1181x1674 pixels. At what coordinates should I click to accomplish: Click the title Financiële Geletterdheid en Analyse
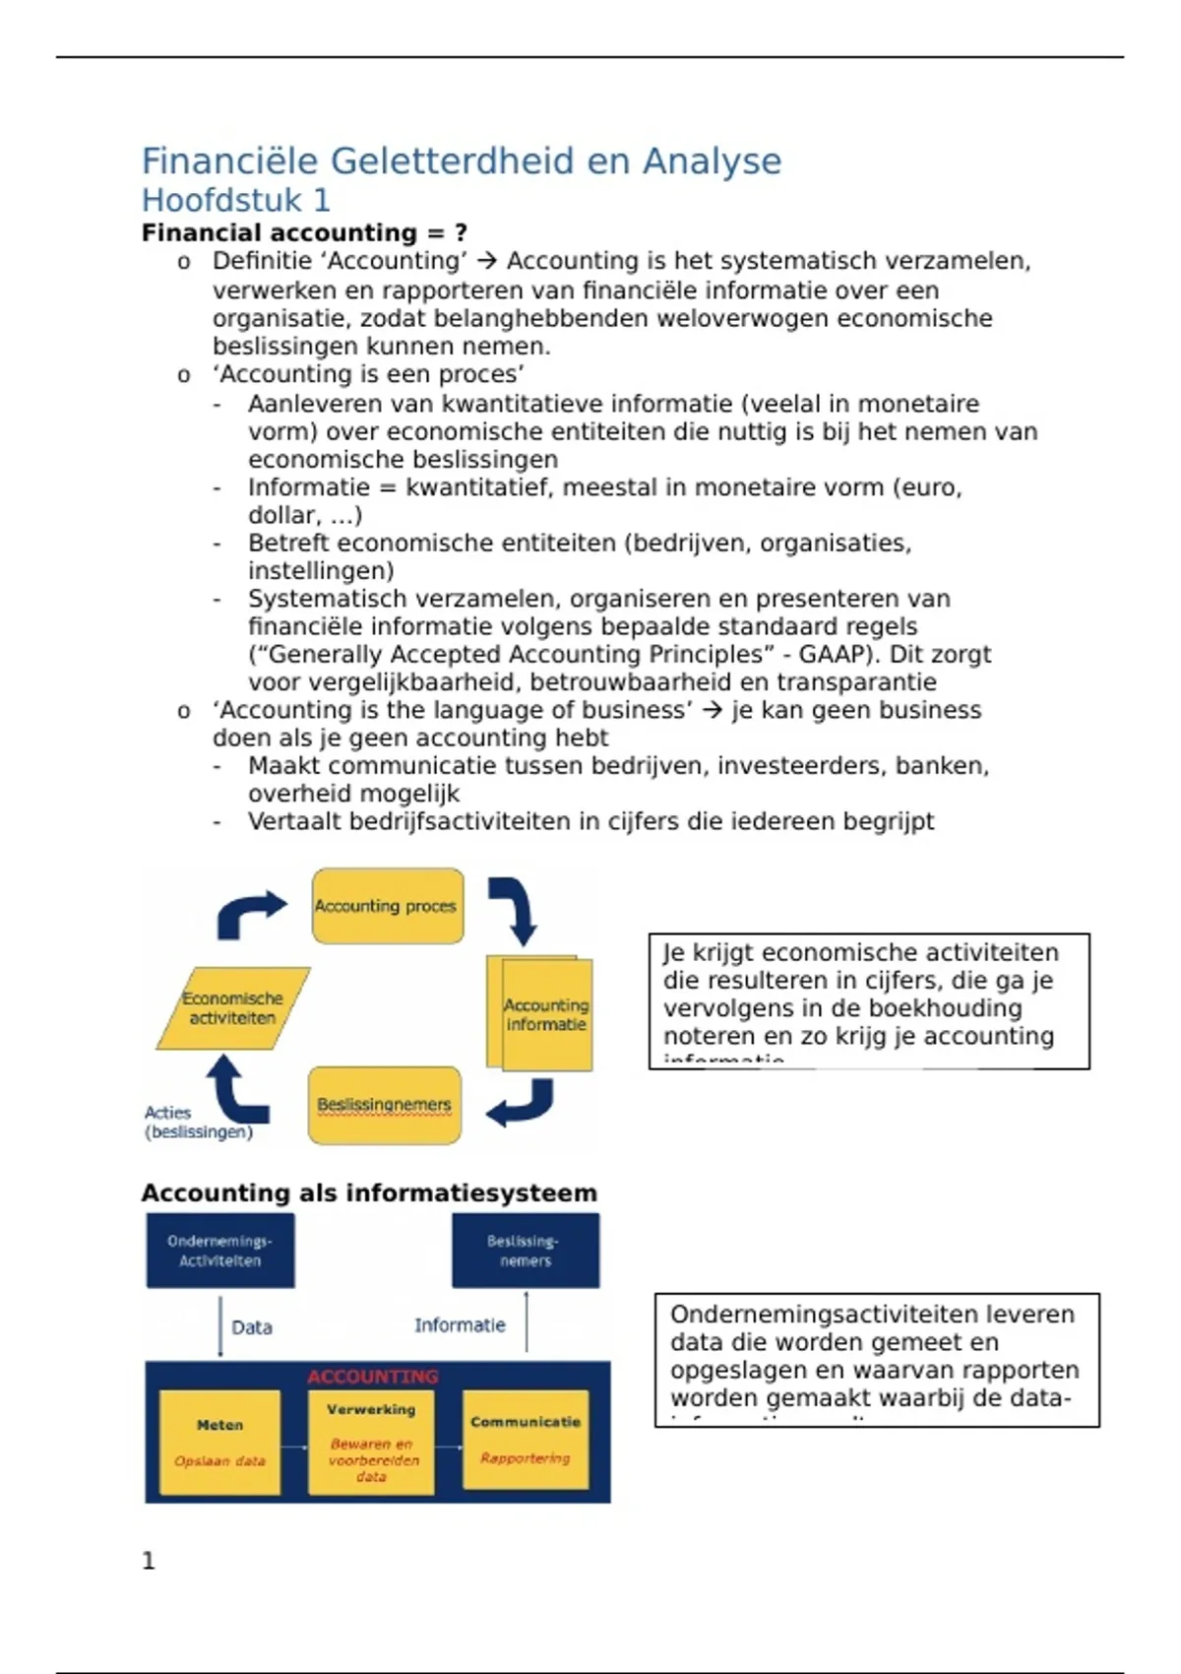461,161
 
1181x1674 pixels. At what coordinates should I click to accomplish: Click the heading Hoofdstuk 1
235,201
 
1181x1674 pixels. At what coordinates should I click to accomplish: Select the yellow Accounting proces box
387,906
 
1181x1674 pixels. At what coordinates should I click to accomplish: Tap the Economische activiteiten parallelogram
233,1008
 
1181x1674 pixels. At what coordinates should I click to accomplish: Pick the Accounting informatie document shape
543,1014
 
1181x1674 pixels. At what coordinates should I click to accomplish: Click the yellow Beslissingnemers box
384,1106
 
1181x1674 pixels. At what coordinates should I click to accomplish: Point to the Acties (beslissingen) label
198,1123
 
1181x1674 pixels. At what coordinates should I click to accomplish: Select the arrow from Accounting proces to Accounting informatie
516,908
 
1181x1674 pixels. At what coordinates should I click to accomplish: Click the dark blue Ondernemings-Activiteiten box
220,1251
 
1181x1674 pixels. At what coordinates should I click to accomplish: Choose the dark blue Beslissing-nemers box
526,1251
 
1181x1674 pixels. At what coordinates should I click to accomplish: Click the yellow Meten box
219,1442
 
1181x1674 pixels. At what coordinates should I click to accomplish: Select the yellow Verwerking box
371,1442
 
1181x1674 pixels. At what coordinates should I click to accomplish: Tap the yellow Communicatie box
526,1440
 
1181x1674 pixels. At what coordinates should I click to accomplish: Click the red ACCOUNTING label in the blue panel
372,1377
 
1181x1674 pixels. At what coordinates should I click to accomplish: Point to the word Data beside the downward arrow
252,1327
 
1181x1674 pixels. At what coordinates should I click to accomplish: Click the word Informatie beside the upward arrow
460,1325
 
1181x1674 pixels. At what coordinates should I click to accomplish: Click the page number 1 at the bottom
149,1561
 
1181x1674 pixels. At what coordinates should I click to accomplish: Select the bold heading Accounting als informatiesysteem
369,1193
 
